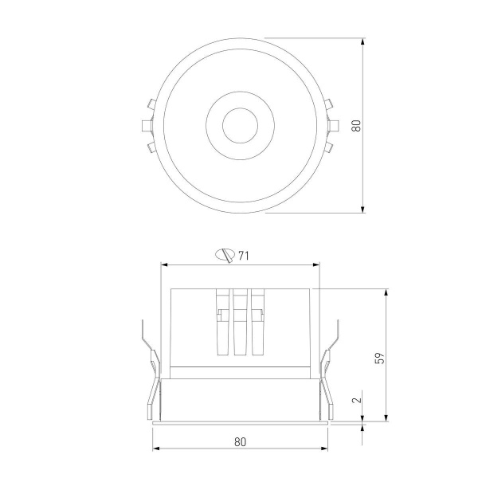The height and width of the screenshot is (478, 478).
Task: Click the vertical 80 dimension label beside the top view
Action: click(356, 125)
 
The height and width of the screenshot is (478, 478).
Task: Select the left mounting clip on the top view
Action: click(147, 125)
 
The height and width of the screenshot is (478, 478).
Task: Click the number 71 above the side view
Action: click(245, 256)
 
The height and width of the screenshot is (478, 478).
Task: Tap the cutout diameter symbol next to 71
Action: click(225, 256)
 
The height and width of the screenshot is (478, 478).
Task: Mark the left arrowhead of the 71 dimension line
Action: click(165, 264)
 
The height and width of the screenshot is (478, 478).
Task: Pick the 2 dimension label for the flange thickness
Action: click(356, 402)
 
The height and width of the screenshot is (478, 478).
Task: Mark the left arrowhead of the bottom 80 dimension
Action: click(155, 448)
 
